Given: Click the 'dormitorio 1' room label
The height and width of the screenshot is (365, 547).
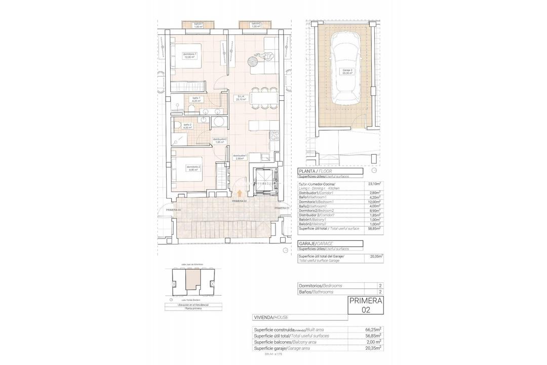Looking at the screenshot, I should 190,55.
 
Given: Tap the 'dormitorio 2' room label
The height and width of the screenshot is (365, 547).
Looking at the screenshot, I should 193,168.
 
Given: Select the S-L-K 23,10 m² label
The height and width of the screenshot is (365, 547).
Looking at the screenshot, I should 241,98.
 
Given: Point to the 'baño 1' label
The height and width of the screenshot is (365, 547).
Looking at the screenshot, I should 196,99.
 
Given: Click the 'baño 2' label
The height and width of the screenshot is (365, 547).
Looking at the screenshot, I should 187,126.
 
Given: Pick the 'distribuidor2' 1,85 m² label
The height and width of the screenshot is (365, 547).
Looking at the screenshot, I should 219,140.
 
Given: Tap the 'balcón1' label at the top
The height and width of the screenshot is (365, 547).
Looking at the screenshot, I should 199,25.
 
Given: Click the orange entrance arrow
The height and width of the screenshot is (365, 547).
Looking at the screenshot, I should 240,193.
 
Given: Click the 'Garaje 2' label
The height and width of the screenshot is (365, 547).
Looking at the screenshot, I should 347,71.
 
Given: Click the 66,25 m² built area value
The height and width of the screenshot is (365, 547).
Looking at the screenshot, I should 374,330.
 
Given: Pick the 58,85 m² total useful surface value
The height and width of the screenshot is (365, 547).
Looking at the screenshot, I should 374,229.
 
